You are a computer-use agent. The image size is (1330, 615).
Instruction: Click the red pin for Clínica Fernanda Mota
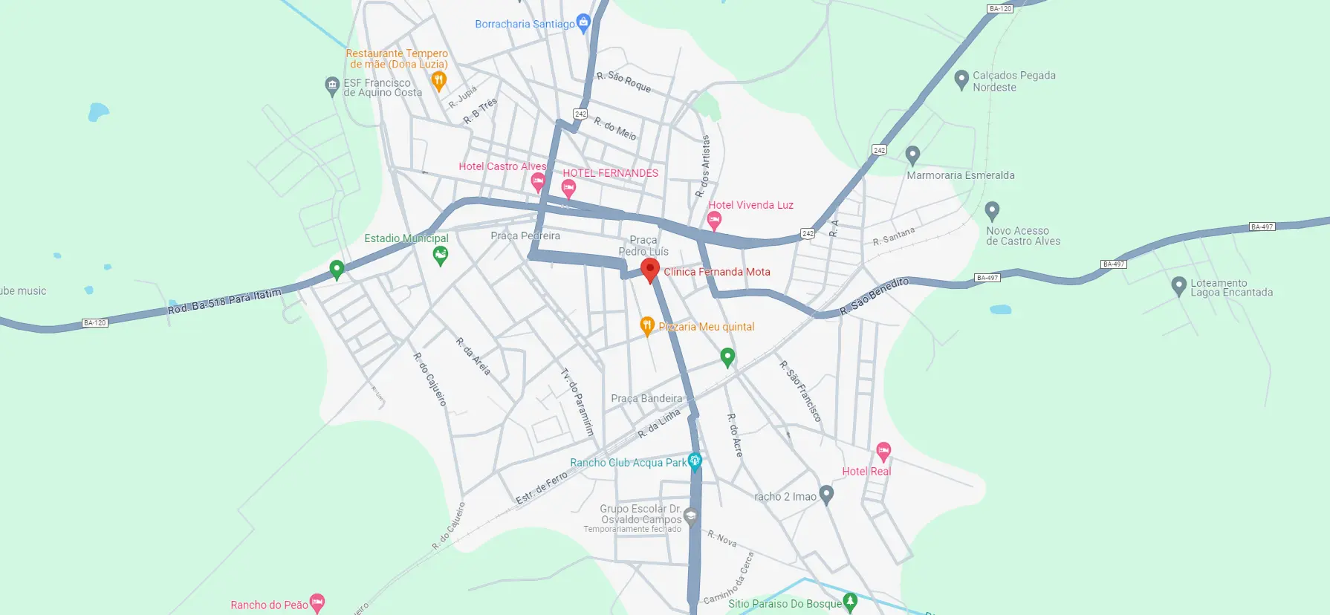point(650,269)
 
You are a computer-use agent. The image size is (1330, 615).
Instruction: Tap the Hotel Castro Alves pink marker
point(538,181)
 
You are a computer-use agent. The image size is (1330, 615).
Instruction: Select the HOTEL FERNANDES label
point(610,173)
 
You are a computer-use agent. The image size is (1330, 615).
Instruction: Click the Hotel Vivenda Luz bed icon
point(714,219)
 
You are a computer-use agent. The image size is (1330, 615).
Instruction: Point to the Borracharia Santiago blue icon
point(583,23)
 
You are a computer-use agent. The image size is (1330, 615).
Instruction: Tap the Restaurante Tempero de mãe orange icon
point(439,79)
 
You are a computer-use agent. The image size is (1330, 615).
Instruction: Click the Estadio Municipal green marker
point(441,256)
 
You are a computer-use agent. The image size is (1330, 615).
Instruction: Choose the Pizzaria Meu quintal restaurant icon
point(647,325)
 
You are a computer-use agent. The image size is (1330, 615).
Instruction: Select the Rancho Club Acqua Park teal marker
point(695,461)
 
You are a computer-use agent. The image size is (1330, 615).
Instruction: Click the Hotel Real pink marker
point(883,450)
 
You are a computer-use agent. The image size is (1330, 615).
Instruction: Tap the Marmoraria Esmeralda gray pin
point(913,155)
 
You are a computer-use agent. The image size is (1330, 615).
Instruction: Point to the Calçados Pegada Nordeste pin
point(961,79)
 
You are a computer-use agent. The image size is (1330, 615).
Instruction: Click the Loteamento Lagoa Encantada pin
point(1178,286)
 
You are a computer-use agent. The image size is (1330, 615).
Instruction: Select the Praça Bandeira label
point(646,399)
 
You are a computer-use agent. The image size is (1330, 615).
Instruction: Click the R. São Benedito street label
point(874,296)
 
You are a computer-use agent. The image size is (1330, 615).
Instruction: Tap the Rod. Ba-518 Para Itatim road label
point(224,301)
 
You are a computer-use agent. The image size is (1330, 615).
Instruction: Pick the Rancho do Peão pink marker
point(317,602)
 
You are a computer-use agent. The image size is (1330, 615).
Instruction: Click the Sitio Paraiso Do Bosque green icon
point(851,601)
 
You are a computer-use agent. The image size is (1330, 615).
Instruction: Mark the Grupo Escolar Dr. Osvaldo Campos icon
point(691,516)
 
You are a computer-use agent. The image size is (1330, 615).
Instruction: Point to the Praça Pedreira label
point(525,236)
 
